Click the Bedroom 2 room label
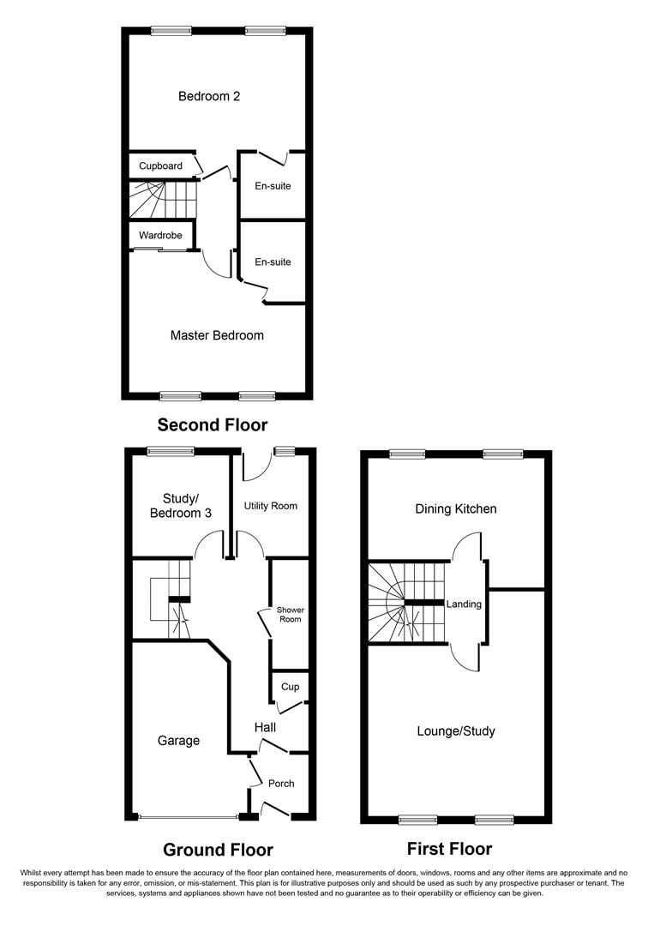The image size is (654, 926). pyautogui.click(x=208, y=96)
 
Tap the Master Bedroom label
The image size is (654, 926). pyautogui.click(x=217, y=335)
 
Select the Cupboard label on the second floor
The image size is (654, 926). pyautogui.click(x=160, y=165)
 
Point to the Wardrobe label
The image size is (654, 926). pyautogui.click(x=160, y=234)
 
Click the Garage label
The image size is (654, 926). pyautogui.click(x=178, y=740)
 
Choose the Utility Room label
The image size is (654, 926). pyautogui.click(x=271, y=506)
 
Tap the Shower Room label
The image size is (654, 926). pyautogui.click(x=290, y=614)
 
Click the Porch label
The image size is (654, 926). pyautogui.click(x=281, y=784)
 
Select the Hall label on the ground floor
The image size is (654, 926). pyautogui.click(x=265, y=727)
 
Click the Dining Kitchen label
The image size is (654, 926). pyautogui.click(x=456, y=508)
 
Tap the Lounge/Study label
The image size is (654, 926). pyautogui.click(x=456, y=731)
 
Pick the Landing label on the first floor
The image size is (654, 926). pyautogui.click(x=465, y=604)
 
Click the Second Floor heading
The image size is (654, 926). pyautogui.click(x=213, y=424)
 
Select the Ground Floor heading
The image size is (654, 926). pyautogui.click(x=219, y=850)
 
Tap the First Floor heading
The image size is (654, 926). pyautogui.click(x=449, y=849)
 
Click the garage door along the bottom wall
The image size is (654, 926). pyautogui.click(x=189, y=817)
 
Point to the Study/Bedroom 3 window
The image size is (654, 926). pyautogui.click(x=169, y=451)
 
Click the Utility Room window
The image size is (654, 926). pyautogui.click(x=284, y=451)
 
